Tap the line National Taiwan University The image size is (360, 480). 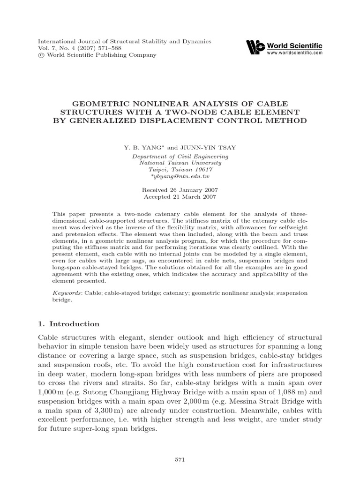tap(180, 163)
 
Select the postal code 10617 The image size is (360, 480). tap(204, 170)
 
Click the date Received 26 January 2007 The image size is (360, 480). tap(180, 190)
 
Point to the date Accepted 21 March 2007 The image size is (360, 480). tap(180, 197)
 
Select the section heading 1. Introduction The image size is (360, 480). tap(68, 324)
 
